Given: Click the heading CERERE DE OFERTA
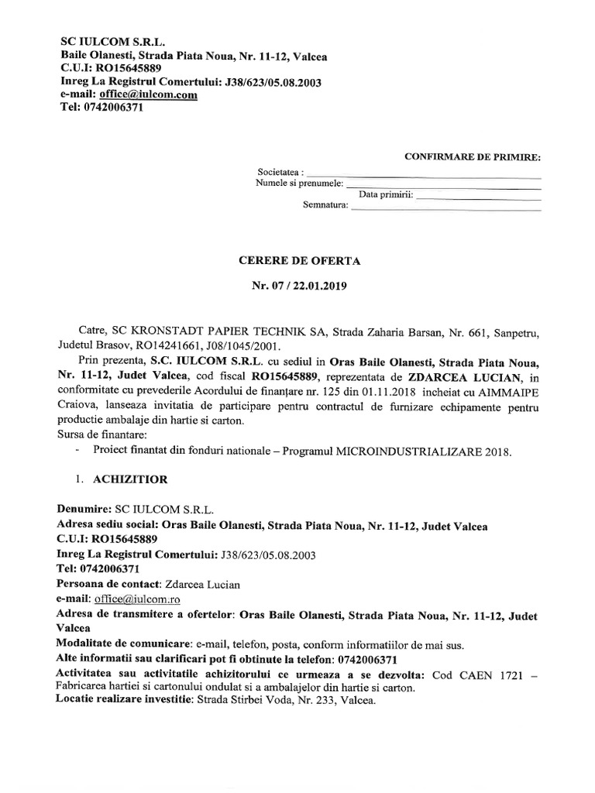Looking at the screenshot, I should pos(299,262).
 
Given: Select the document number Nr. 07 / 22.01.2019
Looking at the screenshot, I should pos(299,287).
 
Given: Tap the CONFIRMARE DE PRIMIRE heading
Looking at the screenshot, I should pos(473,157).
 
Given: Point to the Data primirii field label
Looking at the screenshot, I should pos(385,194).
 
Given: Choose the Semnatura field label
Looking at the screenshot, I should pos(325,206).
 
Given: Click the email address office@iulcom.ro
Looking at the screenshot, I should pos(136,599).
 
